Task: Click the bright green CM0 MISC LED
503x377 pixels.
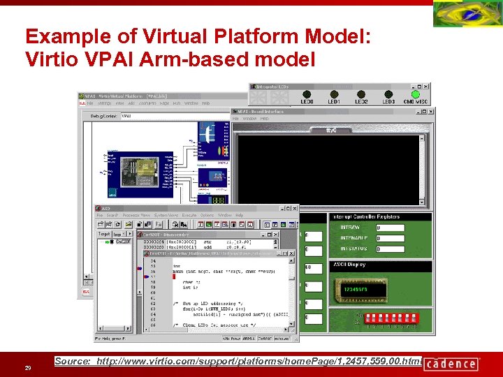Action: point(415,94)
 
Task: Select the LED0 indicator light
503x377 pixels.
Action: point(306,94)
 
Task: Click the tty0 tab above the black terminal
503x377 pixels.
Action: point(333,129)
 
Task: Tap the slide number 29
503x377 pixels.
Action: point(27,368)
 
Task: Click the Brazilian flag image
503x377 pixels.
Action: point(467,14)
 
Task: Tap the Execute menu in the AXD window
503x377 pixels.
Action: point(189,215)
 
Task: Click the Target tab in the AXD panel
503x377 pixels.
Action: point(104,234)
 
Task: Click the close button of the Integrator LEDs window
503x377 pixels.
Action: point(425,85)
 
